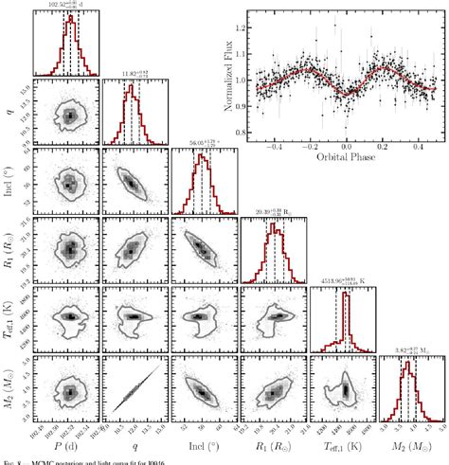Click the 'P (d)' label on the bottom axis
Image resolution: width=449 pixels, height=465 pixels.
[x=67, y=445]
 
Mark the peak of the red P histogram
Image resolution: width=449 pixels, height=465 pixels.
[x=68, y=16]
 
